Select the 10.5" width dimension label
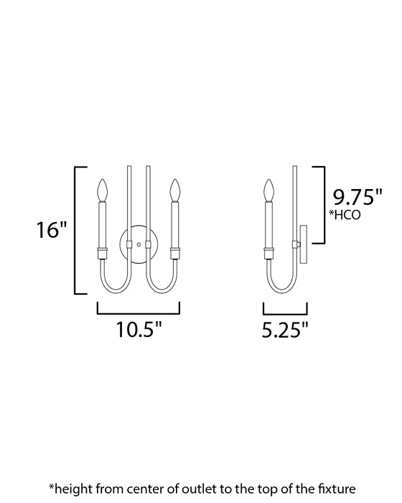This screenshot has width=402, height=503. (x=139, y=329)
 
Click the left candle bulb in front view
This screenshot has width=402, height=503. (x=102, y=191)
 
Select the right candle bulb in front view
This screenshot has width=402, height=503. (x=174, y=191)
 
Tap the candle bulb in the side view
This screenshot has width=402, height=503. (x=270, y=191)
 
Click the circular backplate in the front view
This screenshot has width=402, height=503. (x=138, y=245)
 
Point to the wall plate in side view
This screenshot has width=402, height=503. (x=304, y=245)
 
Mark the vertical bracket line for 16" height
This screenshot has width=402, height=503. (x=77, y=230)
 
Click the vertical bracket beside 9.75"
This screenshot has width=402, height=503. (x=324, y=204)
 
